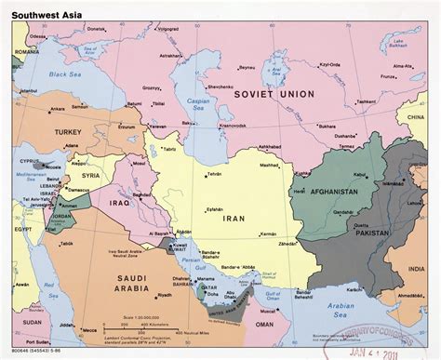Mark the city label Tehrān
coord(215,174)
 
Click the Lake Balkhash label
coord(400,44)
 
